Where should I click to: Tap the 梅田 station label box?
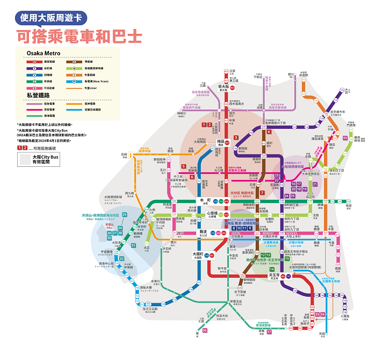pos(220,141)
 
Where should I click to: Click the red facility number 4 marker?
pos(269,131)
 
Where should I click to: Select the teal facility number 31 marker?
pos(133,246)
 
